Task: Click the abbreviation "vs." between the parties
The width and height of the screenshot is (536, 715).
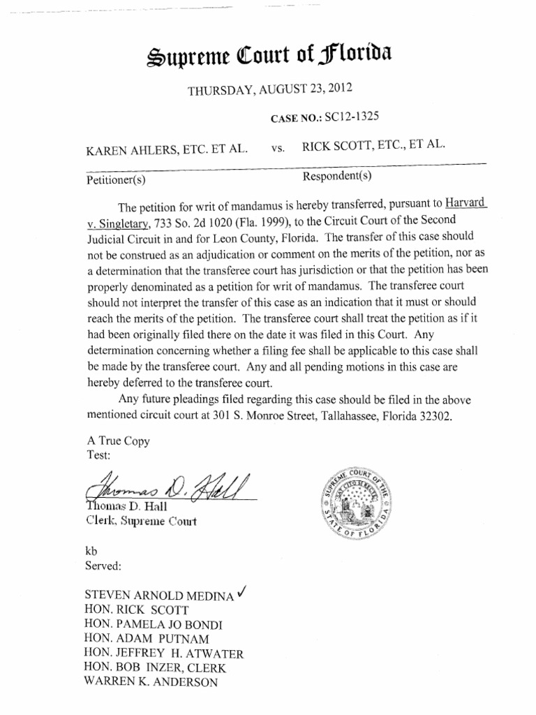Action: (277, 149)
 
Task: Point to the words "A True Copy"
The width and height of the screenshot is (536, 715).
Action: (118, 441)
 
